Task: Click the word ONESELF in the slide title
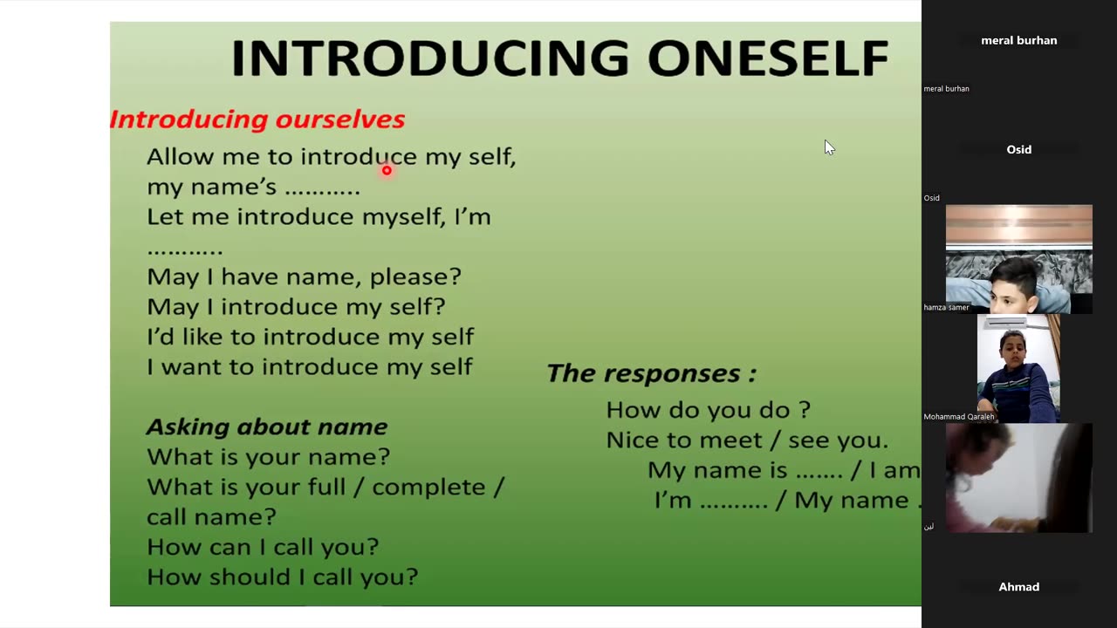768,58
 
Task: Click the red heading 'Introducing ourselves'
257,119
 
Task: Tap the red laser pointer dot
387,170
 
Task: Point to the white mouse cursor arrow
829,147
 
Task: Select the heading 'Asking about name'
267,427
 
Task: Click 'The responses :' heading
652,373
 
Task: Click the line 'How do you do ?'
708,410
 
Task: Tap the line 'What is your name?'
268,456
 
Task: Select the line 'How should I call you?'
282,577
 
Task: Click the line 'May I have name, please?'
305,276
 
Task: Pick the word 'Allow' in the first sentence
180,156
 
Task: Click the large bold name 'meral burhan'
1018,40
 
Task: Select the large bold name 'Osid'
1018,149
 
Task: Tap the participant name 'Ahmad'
1018,587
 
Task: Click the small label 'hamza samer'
946,308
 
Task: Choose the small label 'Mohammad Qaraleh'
958,417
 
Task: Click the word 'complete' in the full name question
428,487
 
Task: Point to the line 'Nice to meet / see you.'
747,440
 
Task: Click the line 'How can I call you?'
263,547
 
